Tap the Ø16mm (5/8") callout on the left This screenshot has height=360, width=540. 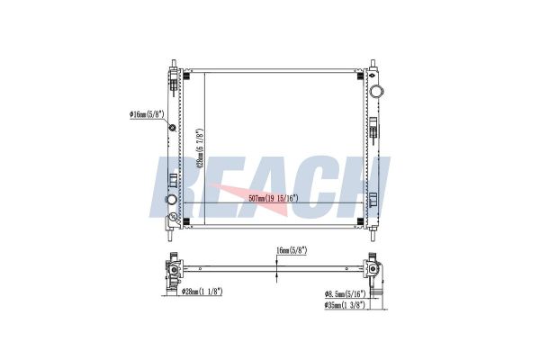tap(148, 115)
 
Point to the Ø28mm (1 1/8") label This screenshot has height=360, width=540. tap(204, 291)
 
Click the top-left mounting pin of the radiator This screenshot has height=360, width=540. tap(171, 64)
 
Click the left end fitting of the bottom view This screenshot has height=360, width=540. tap(171, 271)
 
